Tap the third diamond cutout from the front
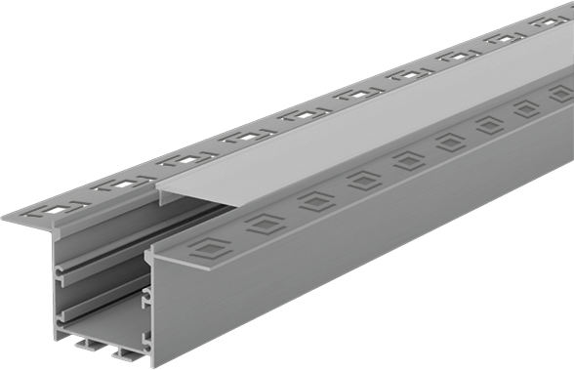pos(315,201)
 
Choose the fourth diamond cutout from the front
pos(364,180)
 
